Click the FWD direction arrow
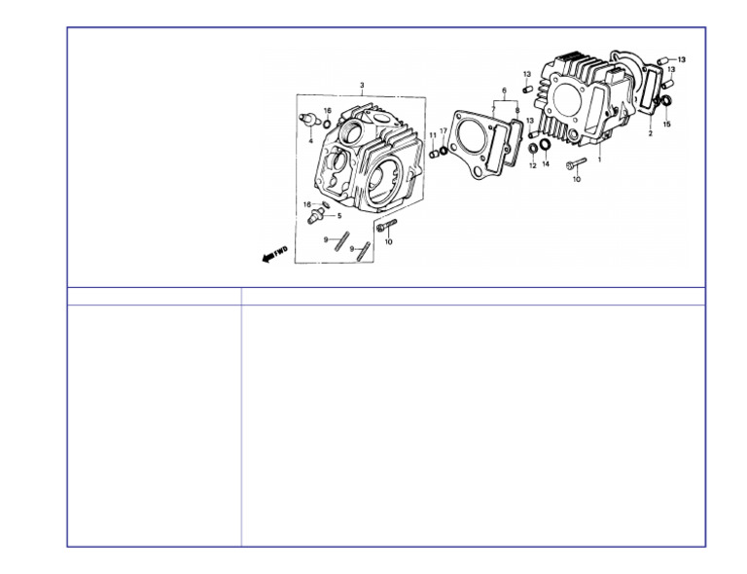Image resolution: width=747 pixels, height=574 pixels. coord(275,254)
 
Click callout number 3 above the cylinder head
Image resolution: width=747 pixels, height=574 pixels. coord(362,86)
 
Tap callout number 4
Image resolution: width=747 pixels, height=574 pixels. coord(310,141)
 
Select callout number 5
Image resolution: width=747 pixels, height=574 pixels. coord(339,216)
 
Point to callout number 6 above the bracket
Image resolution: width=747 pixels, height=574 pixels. coord(504,90)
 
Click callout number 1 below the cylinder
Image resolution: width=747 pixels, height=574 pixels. coord(599,160)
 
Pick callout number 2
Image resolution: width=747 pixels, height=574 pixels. coord(651,134)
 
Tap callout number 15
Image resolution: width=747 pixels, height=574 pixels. coord(667,125)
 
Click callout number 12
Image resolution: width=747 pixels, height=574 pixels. coord(533,165)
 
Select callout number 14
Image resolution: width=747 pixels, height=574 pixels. coord(546,163)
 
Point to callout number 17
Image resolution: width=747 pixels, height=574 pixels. coord(444,131)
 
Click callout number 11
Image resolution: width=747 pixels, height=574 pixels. coord(433,135)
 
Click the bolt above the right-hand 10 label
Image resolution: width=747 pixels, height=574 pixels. coord(576,163)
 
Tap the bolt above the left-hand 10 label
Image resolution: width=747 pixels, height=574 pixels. coord(386,226)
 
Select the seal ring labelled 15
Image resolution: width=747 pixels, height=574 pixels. coord(665,101)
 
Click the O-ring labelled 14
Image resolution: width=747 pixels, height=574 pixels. coord(545,144)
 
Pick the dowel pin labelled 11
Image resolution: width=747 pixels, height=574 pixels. coord(433,154)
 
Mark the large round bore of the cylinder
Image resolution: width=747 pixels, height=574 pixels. coord(567,99)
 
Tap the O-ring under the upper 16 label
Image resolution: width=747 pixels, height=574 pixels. coord(327,125)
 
